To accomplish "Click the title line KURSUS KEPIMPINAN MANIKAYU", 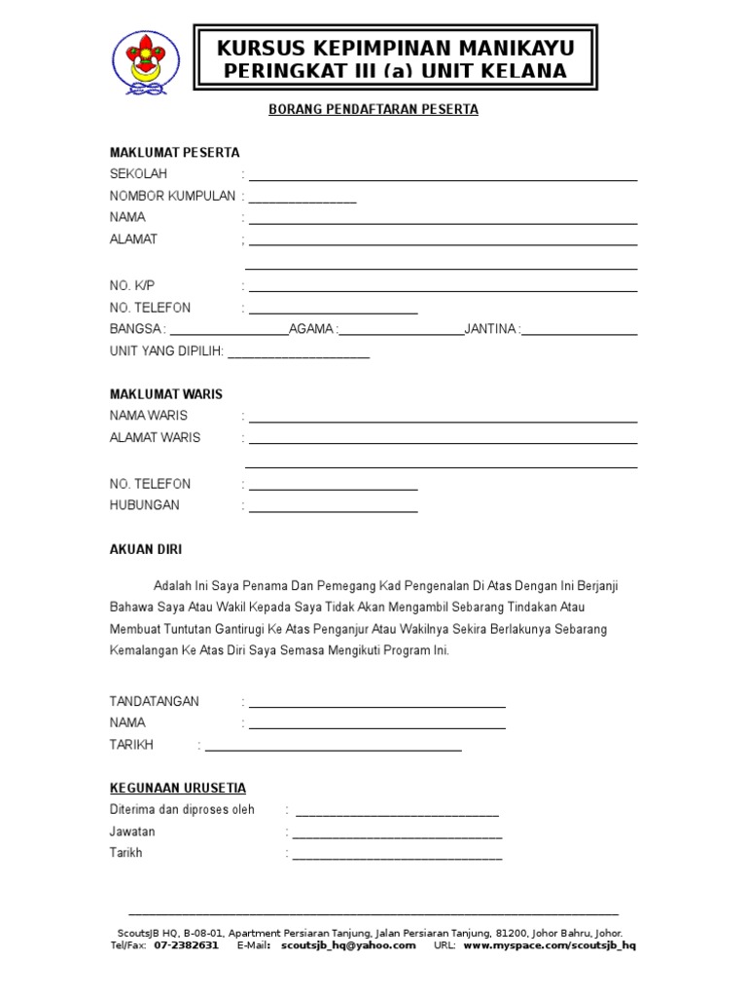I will tap(395, 48).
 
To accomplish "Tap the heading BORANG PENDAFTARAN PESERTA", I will tap(373, 110).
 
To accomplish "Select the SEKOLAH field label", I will tap(138, 174).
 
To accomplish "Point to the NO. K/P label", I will tap(132, 286).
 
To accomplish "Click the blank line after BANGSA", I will tap(230, 333).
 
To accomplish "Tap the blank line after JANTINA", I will tap(581, 333).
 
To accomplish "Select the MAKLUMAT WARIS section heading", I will tap(166, 394).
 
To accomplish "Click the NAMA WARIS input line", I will tap(443, 421).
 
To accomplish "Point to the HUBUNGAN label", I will tap(145, 506).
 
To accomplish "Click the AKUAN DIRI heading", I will tap(146, 550).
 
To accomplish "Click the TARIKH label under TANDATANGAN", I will tap(132, 745).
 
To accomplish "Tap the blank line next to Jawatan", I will tap(397, 836).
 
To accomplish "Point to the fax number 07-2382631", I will tap(187, 945).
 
